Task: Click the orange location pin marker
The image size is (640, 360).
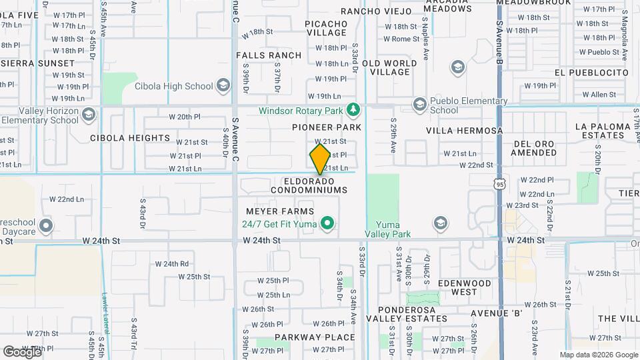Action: coord(320,159)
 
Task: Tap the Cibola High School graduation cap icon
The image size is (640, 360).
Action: coord(224,86)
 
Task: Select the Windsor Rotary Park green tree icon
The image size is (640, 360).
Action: coord(353,109)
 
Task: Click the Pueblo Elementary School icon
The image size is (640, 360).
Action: coord(419,104)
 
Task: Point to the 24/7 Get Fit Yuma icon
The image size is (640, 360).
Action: coord(327,223)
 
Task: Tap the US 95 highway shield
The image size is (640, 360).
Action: coord(499,181)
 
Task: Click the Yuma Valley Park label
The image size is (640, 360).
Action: coord(387,229)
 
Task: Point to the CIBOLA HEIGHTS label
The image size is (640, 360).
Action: coord(130,138)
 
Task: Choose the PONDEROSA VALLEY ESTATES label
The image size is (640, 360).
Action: coord(407,314)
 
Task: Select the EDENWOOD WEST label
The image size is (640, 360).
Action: coord(464,287)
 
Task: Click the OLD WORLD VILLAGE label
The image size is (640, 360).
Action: coord(389,68)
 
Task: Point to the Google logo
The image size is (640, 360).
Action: coord(22,351)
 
